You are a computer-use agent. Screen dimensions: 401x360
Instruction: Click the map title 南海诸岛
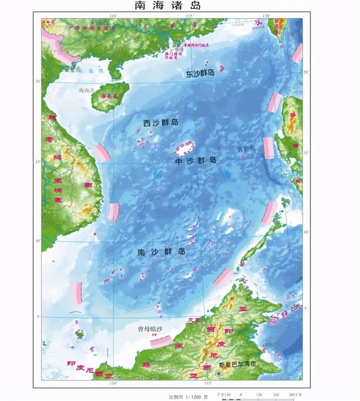click(167, 6)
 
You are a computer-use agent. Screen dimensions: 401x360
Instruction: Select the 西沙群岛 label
click(160, 123)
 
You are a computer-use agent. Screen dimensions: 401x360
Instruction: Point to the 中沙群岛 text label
click(196, 160)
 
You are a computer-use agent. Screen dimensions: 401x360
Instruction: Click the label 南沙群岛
click(161, 252)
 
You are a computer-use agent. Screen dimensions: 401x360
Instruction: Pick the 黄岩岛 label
click(246, 149)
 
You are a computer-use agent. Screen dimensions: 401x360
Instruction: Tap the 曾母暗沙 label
click(148, 329)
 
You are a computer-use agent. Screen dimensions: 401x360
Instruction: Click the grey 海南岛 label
click(86, 91)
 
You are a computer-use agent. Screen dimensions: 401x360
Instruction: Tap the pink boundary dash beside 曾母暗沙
click(161, 342)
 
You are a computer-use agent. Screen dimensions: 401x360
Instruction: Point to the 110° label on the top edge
click(113, 16)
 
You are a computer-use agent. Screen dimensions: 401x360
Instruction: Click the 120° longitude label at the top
click(266, 16)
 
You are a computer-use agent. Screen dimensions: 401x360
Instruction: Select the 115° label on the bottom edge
click(208, 383)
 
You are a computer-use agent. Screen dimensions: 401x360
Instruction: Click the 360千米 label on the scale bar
click(296, 395)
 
